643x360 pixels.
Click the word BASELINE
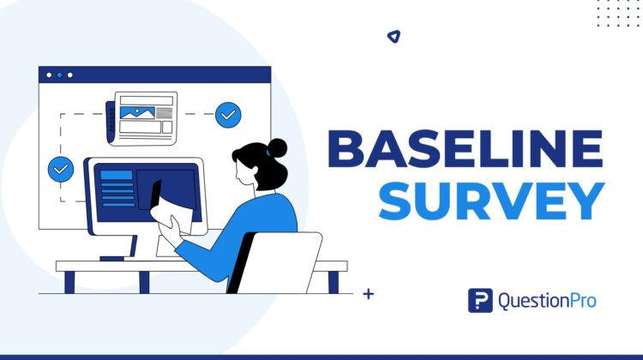point(466,151)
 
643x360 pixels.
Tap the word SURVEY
point(492,202)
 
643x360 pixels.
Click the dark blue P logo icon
point(480,300)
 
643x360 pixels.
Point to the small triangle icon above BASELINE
point(393,37)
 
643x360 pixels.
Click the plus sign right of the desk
point(369,294)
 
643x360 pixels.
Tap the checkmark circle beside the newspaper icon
point(228,114)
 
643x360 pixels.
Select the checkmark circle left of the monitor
point(61,169)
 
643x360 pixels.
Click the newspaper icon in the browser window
point(141,117)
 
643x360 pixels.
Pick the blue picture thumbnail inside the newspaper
point(136,111)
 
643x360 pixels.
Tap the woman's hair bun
point(277,147)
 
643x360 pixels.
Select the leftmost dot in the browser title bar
point(48,75)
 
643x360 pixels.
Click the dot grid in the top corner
point(617,13)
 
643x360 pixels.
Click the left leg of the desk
point(70,281)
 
